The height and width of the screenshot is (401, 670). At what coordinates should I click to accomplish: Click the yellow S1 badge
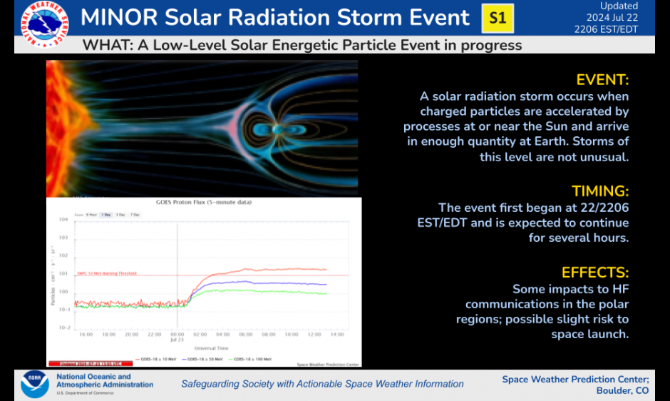click(498, 19)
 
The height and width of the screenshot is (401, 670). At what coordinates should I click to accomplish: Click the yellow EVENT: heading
click(602, 79)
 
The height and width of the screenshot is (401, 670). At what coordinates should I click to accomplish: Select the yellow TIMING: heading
click(600, 191)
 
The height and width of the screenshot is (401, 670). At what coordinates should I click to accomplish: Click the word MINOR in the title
click(117, 18)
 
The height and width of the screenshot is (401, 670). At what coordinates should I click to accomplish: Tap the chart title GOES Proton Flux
click(204, 203)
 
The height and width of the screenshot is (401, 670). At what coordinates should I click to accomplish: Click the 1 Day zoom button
click(105, 214)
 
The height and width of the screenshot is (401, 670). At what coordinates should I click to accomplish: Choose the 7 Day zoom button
click(135, 214)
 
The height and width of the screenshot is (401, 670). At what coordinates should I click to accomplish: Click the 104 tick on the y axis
click(63, 219)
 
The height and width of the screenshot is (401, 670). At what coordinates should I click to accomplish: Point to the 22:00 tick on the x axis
click(155, 334)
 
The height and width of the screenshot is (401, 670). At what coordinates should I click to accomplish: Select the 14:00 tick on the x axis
click(337, 334)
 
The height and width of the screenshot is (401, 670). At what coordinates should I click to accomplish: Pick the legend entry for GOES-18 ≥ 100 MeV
click(254, 359)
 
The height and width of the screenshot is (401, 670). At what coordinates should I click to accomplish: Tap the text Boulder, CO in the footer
click(622, 390)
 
